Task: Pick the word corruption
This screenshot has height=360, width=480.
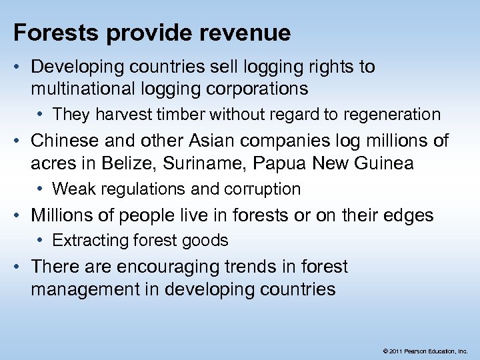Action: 264,189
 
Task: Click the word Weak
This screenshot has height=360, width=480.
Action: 71,189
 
